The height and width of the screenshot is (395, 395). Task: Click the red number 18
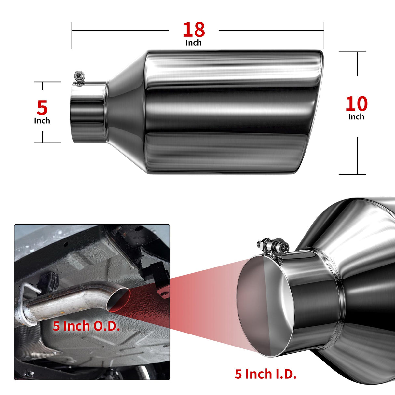point(194,30)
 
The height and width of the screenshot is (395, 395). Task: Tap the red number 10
point(357,104)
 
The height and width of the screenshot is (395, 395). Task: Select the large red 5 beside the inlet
point(42,107)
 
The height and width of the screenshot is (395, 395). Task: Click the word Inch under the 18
point(194,43)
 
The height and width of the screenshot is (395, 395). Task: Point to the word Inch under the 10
point(356,117)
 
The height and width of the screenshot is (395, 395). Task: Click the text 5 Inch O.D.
point(86,326)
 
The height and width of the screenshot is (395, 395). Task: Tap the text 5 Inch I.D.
point(266,374)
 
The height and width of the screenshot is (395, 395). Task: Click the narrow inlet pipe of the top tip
point(89,112)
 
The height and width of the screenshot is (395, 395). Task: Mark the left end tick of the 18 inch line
point(72,35)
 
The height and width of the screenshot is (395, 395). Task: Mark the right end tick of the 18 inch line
point(324,35)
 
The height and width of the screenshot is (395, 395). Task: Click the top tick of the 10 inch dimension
point(352,52)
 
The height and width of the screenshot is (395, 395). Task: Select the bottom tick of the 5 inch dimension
point(48,143)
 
